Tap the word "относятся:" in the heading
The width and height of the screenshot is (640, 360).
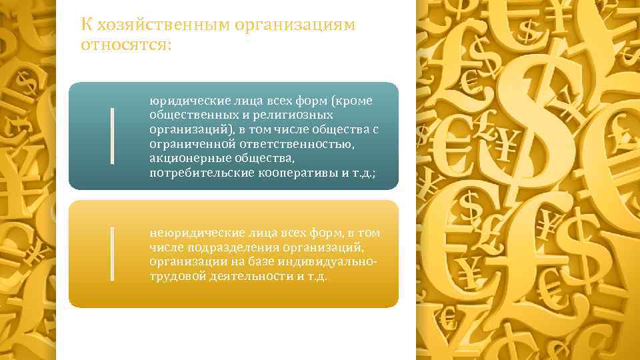click(x=126, y=45)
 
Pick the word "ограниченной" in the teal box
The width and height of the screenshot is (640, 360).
click(x=182, y=144)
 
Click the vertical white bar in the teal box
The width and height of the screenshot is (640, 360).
click(x=112, y=135)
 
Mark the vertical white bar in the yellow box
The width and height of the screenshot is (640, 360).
click(x=112, y=253)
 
